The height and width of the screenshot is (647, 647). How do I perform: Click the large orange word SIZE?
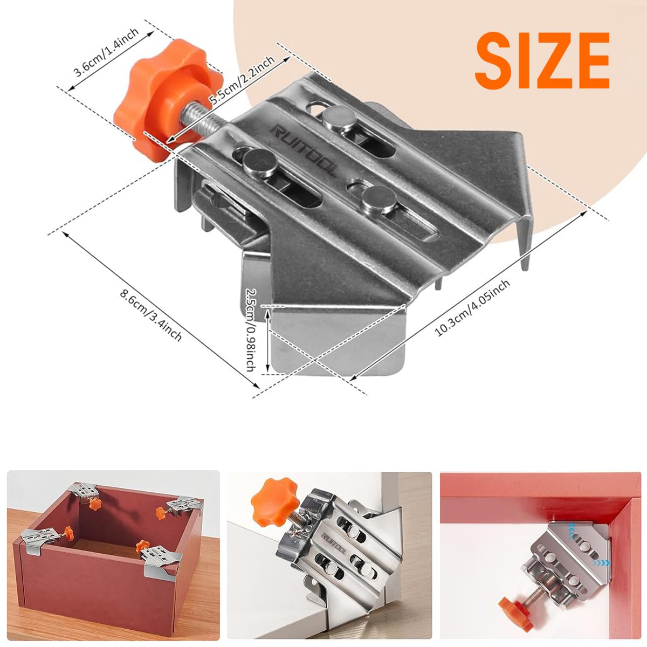[542, 61]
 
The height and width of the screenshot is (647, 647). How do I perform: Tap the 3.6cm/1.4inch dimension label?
[106, 53]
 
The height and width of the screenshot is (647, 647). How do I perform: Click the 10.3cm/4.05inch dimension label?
[472, 307]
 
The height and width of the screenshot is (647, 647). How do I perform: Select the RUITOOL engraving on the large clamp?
[304, 150]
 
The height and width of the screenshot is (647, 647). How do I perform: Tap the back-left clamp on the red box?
[86, 495]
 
